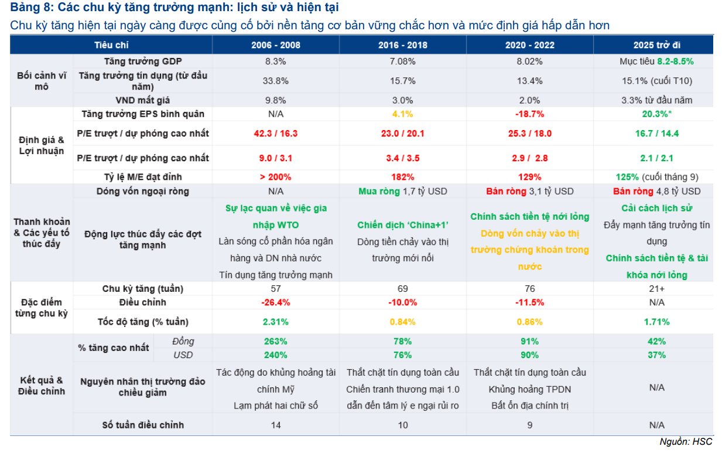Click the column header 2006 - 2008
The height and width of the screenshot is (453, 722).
pos(275,45)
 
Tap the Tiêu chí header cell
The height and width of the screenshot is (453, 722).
pos(111,45)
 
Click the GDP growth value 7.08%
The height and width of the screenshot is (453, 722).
pos(402,61)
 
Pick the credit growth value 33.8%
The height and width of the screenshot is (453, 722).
pos(275,80)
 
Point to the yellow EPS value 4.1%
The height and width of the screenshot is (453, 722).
pos(402,114)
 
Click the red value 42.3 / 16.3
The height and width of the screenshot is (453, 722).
pos(275,133)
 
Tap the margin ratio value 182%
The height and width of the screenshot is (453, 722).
pos(402,176)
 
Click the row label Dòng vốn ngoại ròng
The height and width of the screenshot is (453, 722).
pos(142,191)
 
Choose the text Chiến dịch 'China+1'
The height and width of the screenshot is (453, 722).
pos(402,225)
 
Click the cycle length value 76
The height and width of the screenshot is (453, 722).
pos(529,288)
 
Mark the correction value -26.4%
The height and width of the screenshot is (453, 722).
pos(275,302)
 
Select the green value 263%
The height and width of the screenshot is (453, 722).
pos(275,341)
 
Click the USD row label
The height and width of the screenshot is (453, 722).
pos(183,355)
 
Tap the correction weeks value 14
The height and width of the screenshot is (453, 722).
pos(275,425)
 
